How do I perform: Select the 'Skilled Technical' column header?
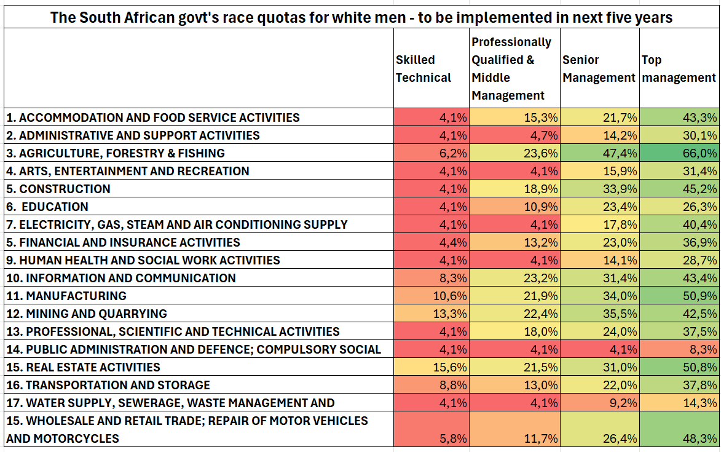pos(424,69)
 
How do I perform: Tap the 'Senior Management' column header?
pos(599,69)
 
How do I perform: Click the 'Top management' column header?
pos(679,69)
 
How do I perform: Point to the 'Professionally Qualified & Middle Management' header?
pos(511,69)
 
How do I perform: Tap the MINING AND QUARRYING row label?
pos(87,314)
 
